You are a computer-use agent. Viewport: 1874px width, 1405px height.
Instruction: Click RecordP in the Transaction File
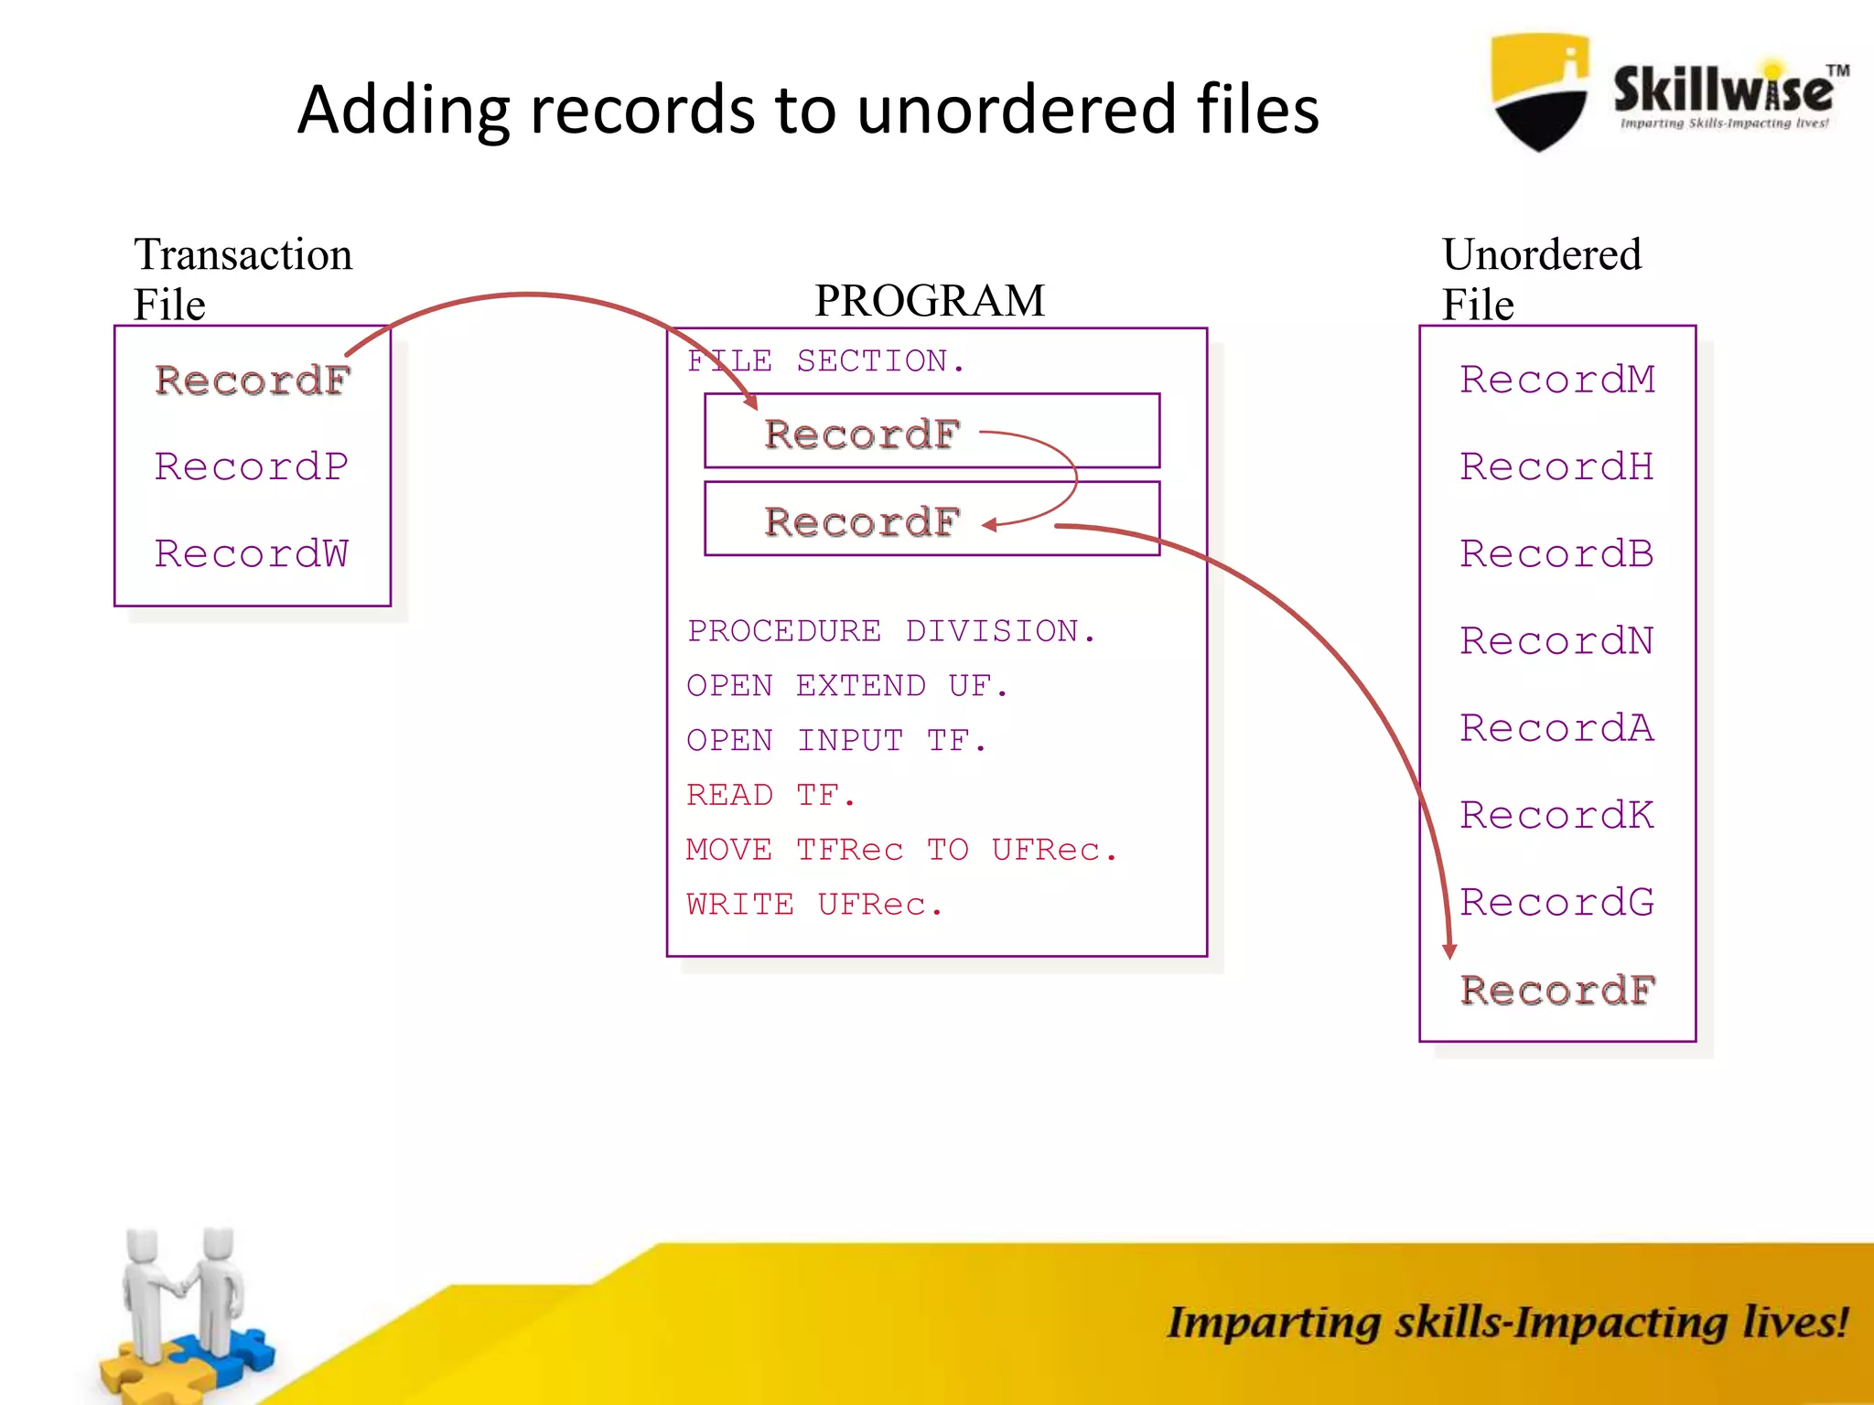pos(252,467)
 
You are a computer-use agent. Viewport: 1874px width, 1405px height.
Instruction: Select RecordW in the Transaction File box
pos(252,553)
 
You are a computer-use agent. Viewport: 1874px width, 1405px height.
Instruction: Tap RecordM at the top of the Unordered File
pos(1557,379)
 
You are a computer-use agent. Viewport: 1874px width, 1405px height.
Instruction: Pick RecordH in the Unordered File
pos(1557,467)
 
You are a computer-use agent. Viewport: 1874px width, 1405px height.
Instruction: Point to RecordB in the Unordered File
pos(1557,553)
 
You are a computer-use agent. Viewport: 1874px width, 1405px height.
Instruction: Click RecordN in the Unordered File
pos(1557,640)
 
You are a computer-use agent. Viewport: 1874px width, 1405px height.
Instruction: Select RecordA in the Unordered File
pos(1557,728)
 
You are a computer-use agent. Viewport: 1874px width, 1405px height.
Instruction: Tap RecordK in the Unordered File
pos(1557,815)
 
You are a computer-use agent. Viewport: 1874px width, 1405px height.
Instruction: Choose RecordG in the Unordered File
pos(1557,902)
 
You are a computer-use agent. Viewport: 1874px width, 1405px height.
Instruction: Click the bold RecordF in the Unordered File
pos(1557,990)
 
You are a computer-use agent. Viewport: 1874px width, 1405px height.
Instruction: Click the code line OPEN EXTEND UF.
pos(847,686)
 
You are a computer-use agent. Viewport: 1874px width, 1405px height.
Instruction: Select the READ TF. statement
pos(771,795)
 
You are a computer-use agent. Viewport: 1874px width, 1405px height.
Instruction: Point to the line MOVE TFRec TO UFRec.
pos(901,850)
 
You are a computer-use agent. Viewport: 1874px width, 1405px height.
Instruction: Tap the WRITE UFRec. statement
pos(814,905)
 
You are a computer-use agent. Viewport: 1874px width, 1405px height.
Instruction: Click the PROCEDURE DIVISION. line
pos(891,631)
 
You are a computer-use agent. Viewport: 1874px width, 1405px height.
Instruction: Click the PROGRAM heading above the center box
pos(930,300)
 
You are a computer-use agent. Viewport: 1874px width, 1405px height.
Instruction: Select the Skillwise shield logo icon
pos(1540,91)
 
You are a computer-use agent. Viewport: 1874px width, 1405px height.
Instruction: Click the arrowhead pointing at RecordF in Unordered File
pos(1449,951)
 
